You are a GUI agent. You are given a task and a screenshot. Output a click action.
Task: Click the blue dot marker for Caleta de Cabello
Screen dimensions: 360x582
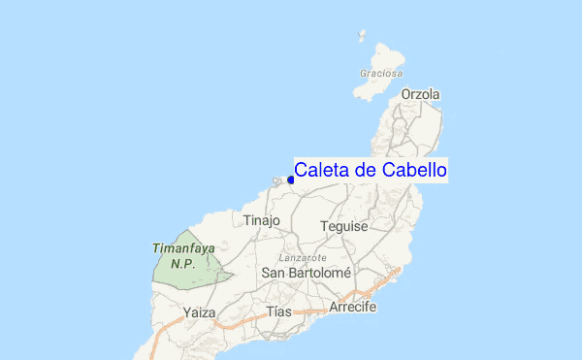pos(291,180)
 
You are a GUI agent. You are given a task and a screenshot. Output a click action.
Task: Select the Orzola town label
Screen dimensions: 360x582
pos(420,94)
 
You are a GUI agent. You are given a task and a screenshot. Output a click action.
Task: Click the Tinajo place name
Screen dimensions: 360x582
pos(262,220)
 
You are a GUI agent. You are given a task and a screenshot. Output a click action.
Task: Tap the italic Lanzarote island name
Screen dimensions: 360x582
pos(301,258)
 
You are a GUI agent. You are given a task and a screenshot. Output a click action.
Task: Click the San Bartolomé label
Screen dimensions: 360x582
pos(306,274)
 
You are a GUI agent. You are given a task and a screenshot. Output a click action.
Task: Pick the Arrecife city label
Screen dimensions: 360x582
pos(352,307)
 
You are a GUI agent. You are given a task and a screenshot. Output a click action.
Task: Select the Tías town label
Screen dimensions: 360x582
pos(279,312)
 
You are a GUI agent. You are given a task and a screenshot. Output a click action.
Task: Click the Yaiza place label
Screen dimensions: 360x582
pos(199,312)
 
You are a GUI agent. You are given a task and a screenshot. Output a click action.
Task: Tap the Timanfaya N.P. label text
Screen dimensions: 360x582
pos(183,255)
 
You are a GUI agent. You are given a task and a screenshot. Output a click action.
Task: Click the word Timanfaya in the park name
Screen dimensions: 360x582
pos(183,248)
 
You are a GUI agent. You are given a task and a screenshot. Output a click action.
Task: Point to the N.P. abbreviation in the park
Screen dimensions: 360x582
pos(183,263)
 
